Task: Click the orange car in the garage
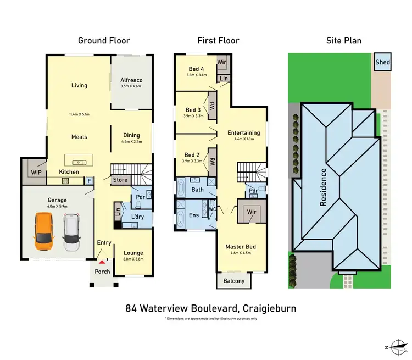click(x=43, y=230)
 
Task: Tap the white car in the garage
click(x=71, y=230)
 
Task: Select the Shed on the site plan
click(x=382, y=63)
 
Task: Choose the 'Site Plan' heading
click(x=341, y=40)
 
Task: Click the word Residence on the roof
click(x=324, y=187)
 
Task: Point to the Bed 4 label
click(x=196, y=68)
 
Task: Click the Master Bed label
click(x=241, y=247)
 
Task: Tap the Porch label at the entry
click(x=103, y=272)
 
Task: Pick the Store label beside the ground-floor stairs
click(x=120, y=180)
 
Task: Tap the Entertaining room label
click(x=244, y=132)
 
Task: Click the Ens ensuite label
click(x=194, y=215)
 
